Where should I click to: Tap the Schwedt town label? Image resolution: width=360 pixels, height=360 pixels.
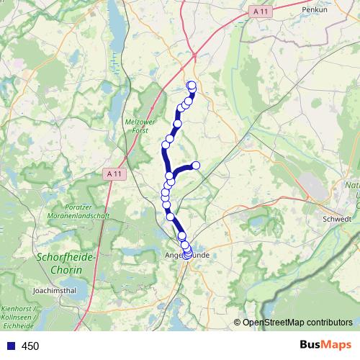point(338,219)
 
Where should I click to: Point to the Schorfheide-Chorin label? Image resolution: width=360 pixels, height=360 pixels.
point(59,263)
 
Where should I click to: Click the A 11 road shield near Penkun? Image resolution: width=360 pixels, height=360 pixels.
point(262,12)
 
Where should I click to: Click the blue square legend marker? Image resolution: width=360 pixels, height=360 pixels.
point(10,346)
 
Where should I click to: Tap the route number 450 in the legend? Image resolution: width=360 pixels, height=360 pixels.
point(30,346)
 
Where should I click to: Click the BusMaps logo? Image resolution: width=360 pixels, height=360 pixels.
point(323,346)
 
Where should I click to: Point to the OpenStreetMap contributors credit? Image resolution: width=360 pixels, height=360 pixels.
point(297,323)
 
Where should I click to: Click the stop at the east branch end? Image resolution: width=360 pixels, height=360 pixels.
point(195,166)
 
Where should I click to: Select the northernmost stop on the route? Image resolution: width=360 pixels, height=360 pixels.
point(192,86)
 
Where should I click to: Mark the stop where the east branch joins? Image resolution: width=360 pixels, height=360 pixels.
point(171,176)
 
